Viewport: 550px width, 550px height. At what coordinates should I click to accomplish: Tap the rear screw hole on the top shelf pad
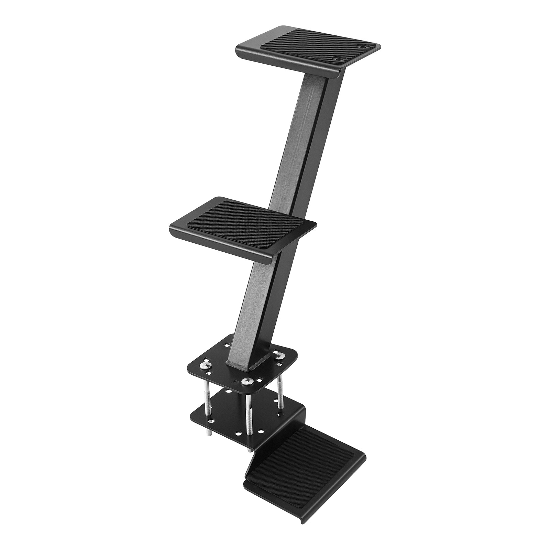tap(362, 45)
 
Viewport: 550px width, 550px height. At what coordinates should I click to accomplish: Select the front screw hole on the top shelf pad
tap(339, 59)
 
